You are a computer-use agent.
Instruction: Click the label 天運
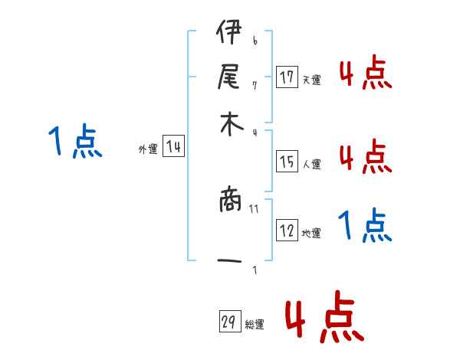pos(311,80)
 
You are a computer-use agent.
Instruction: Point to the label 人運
pos(311,164)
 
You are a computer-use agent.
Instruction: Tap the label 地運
pos(311,233)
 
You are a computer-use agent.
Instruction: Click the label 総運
pos(255,325)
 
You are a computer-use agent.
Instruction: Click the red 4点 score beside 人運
pos(365,157)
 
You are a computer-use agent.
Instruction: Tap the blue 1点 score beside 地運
pos(365,226)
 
